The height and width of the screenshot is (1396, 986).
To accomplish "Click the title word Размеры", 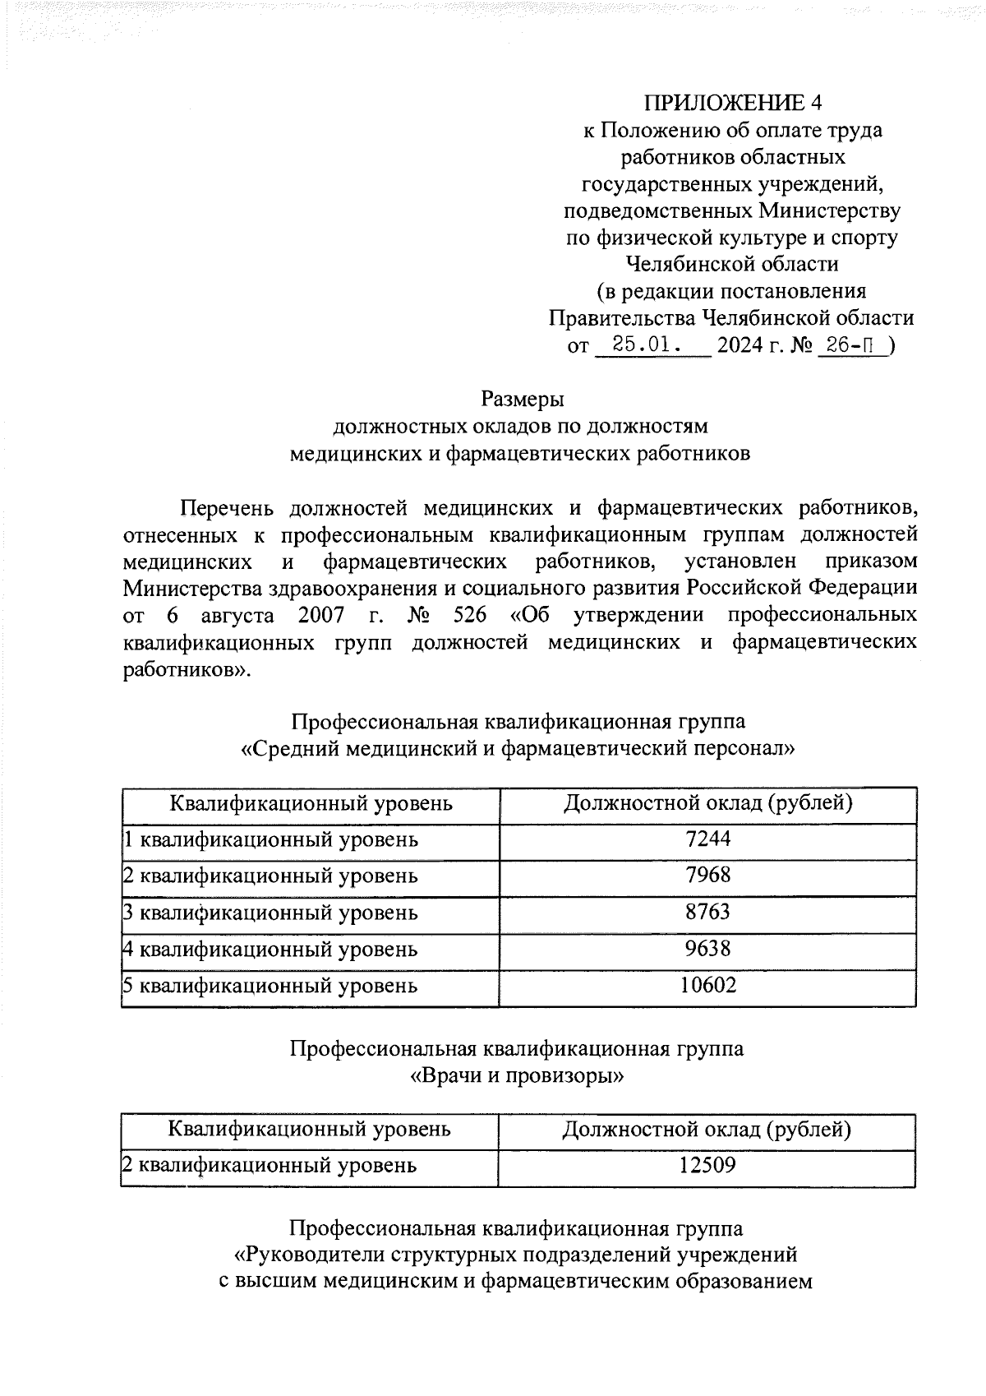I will tap(523, 399).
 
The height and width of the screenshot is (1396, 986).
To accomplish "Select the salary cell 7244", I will tap(707, 839).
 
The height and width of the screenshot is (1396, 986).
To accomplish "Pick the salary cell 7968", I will tap(707, 875).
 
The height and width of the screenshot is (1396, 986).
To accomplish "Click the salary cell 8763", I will tap(707, 912).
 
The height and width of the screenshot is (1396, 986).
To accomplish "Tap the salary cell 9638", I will tap(707, 949).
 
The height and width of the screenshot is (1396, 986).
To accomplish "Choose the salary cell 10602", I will tap(707, 985).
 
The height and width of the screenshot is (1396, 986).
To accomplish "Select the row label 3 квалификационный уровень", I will tap(270, 913).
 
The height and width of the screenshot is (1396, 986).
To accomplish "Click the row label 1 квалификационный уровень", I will tap(270, 839).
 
